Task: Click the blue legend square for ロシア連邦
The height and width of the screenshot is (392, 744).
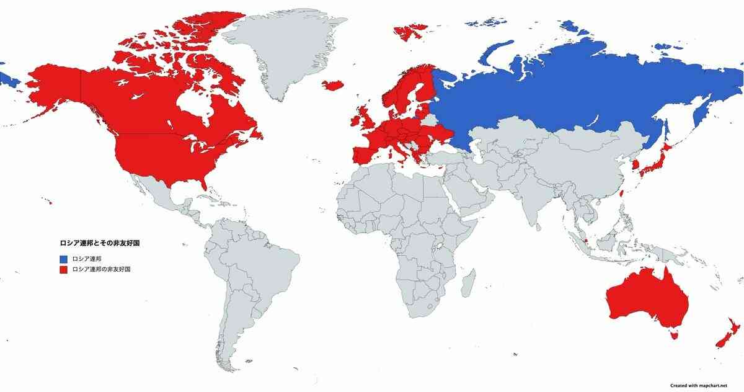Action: (x=63, y=259)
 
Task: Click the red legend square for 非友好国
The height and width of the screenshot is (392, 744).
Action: (x=63, y=270)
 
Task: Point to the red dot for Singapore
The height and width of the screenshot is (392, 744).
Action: (x=585, y=239)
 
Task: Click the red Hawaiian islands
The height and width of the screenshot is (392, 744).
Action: (x=47, y=200)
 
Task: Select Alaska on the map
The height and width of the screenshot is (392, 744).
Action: (x=53, y=84)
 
